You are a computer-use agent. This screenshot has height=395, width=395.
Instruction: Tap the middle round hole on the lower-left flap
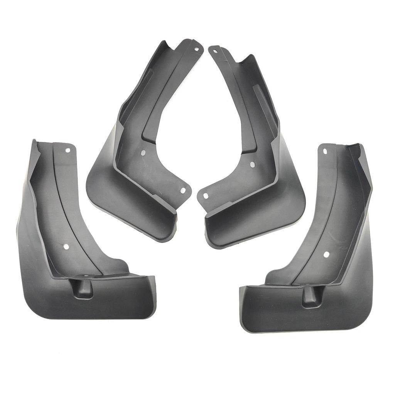[x=66, y=246]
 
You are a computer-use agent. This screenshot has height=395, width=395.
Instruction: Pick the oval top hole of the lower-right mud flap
[x=325, y=151]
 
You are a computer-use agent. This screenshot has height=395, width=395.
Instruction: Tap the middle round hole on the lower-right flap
[x=326, y=254]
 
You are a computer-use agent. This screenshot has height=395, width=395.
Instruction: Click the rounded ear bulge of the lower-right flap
[x=275, y=276]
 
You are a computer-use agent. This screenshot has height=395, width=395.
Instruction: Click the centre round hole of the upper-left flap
[x=143, y=152]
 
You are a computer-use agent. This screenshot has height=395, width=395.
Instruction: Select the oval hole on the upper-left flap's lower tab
[x=184, y=190]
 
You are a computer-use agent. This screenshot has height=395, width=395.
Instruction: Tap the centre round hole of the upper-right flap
[x=252, y=164]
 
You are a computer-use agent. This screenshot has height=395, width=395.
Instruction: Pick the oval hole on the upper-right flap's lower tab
[x=206, y=196]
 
